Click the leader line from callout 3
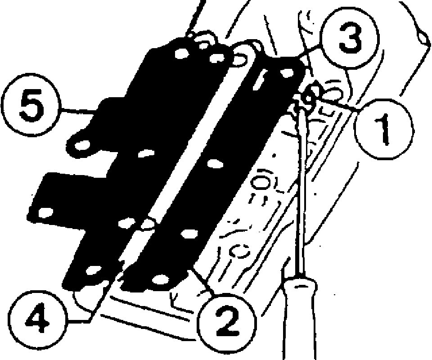310,52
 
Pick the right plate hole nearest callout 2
158,279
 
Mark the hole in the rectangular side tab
45,212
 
